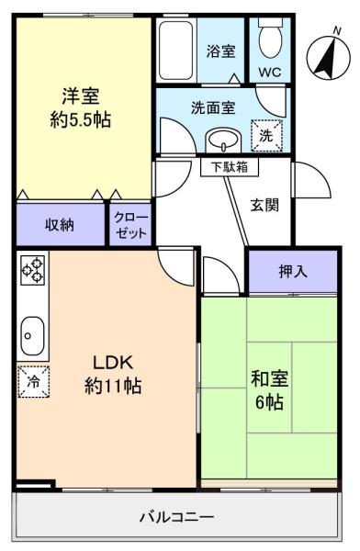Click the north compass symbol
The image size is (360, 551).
(325, 53)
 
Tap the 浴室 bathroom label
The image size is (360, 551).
(221, 51)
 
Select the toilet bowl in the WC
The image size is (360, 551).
(271, 39)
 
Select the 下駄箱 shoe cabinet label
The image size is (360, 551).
(229, 168)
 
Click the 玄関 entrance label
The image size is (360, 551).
(266, 206)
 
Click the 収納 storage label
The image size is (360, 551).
(61, 225)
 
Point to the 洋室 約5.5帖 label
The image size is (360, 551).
(81, 107)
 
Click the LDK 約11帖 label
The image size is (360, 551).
(112, 372)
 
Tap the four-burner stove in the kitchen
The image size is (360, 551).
(33, 270)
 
